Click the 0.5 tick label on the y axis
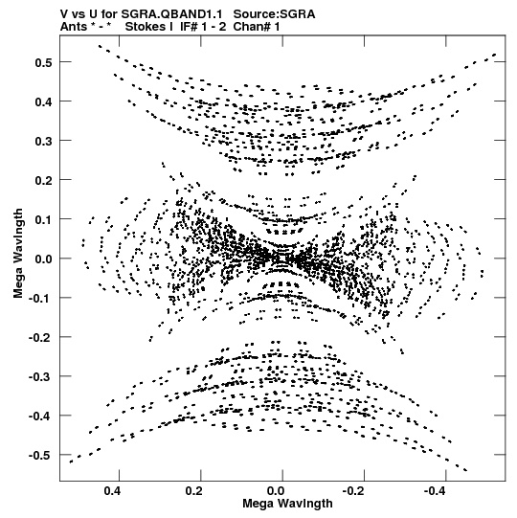tap(43, 62)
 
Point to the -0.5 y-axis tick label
tap(40, 455)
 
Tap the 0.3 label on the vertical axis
tap(43, 141)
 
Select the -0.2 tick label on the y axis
tap(40, 337)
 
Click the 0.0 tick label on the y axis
tap(43, 259)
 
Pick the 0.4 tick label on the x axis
tap(112, 491)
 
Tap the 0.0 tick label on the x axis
tap(276, 491)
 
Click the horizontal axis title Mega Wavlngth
tap(287, 504)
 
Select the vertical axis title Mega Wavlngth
tap(18, 254)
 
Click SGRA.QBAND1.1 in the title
tap(171, 14)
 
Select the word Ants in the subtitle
tap(74, 27)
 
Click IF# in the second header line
tap(190, 27)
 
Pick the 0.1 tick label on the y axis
tap(43, 219)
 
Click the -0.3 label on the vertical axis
tap(40, 376)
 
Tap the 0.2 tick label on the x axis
tap(194, 491)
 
